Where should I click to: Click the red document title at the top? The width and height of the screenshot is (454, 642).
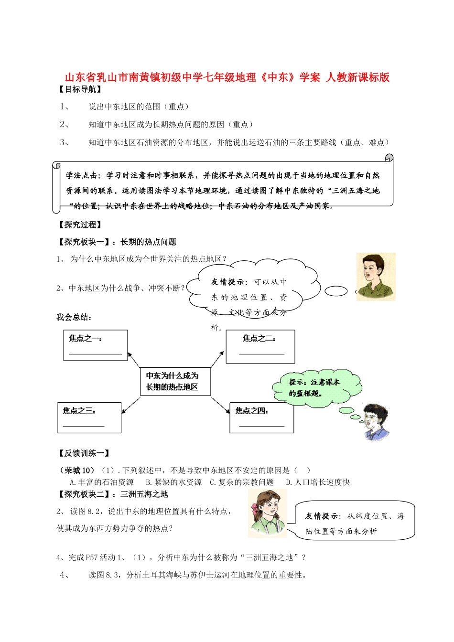coord(227,77)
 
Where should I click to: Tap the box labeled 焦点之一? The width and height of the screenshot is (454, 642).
coord(96,345)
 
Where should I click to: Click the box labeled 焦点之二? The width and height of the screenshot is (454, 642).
coord(260,346)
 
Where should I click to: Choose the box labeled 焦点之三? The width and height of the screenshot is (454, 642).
coord(89,417)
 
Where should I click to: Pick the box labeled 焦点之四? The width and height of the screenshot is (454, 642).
coord(261,417)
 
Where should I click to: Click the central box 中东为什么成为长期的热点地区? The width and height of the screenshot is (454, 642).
coord(175,381)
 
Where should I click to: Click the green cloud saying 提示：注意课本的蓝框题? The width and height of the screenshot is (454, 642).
coord(315,387)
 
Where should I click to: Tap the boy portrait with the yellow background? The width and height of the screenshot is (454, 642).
coord(376,277)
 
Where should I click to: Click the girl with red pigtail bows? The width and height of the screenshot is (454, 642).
coord(268,514)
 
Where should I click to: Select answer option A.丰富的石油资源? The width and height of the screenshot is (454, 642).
coord(102,482)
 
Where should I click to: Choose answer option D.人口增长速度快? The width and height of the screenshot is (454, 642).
coord(318,482)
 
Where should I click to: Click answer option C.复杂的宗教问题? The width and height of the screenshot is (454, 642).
coord(242,482)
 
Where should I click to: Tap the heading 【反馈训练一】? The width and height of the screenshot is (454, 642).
coord(83,453)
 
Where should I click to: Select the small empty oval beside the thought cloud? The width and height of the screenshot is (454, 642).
coord(336,290)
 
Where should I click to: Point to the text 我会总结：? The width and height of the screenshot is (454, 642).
coord(74,317)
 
